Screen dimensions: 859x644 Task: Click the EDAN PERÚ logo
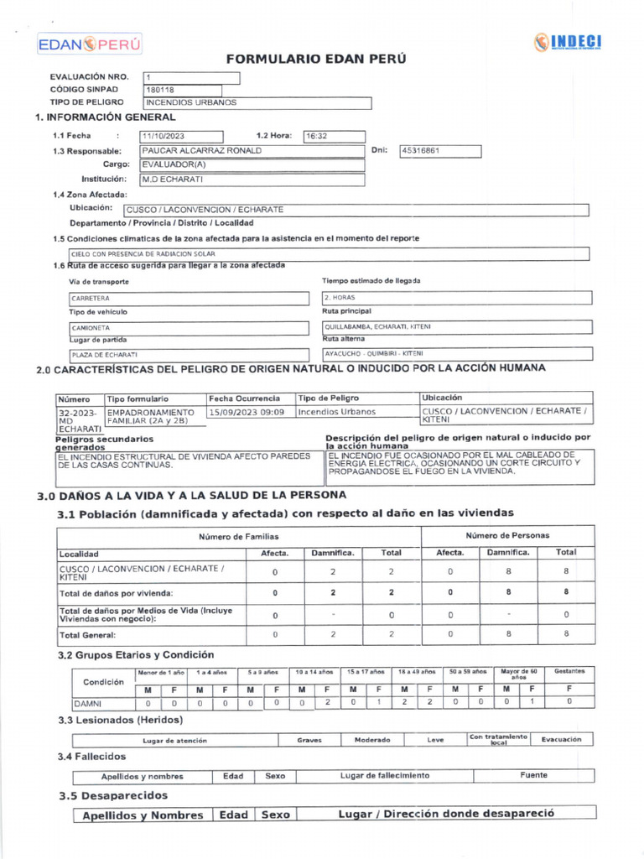pyautogui.click(x=89, y=44)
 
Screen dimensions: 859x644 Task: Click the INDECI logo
pyautogui.click(x=568, y=43)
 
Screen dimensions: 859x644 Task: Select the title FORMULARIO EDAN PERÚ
pyautogui.click(x=316, y=60)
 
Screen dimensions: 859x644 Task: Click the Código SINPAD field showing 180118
pyautogui.click(x=182, y=90)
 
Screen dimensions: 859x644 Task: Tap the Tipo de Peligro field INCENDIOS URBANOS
pyautogui.click(x=257, y=103)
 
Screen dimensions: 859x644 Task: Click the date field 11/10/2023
pyautogui.click(x=182, y=137)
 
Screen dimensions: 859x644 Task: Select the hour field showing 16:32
pyautogui.click(x=334, y=137)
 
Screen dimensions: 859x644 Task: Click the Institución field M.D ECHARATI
pyautogui.click(x=252, y=179)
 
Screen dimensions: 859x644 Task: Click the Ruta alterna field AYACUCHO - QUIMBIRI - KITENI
pyautogui.click(x=457, y=354)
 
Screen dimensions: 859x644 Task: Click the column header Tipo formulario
pyautogui.click(x=138, y=398)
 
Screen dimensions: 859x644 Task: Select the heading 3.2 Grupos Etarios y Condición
pyautogui.click(x=136, y=654)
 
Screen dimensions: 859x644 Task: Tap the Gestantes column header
pyautogui.click(x=569, y=672)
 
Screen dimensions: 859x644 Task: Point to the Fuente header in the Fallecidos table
pyautogui.click(x=532, y=776)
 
